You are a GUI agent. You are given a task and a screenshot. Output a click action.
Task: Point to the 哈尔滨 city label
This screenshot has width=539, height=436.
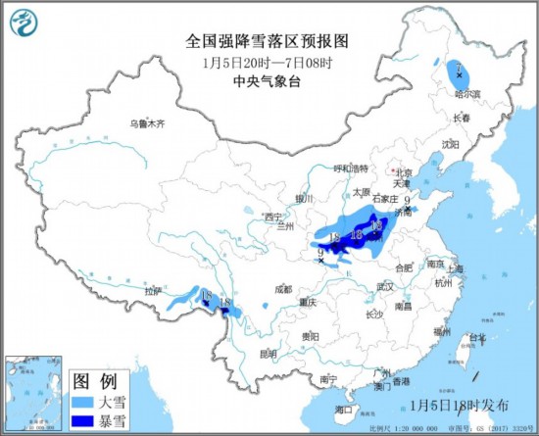coord(467,95)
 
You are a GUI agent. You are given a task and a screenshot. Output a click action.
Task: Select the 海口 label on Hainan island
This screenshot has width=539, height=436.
coord(342,409)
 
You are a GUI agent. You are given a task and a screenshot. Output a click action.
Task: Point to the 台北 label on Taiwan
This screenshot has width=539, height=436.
coord(477,338)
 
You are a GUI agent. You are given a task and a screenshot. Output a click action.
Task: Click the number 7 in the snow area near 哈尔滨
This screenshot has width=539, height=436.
coord(458,69)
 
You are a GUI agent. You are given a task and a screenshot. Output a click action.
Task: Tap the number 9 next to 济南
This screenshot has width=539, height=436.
coord(406,201)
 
